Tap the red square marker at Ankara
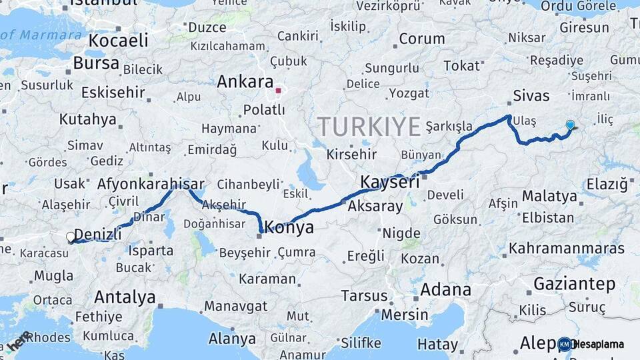(x=279, y=90)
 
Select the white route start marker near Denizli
(x=71, y=237)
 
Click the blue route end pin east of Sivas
(x=570, y=125)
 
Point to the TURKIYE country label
(x=369, y=127)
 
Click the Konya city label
(x=289, y=228)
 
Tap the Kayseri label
(x=389, y=182)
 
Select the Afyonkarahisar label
(x=151, y=184)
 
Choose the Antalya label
(x=125, y=297)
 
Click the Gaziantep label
(x=574, y=284)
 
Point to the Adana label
(x=445, y=290)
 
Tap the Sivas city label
(x=531, y=95)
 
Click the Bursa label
(x=96, y=64)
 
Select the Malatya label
(x=549, y=196)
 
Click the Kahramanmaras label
(x=567, y=249)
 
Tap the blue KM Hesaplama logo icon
(x=565, y=344)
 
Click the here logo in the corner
(x=19, y=341)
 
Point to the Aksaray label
(x=375, y=206)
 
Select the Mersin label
(x=405, y=314)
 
